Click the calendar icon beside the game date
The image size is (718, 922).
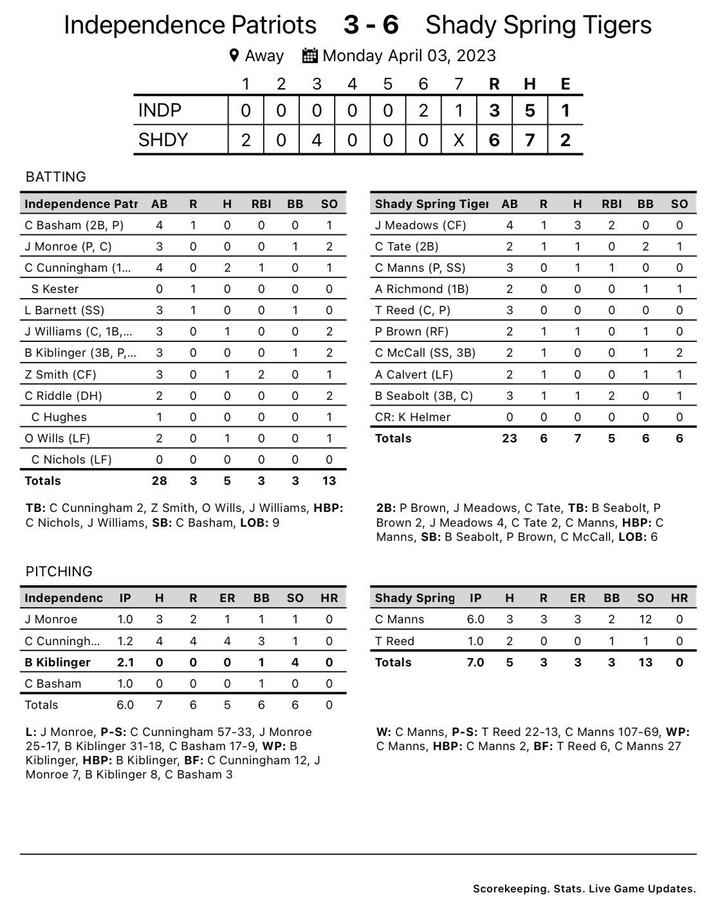(x=310, y=55)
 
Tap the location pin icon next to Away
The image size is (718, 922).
(x=234, y=55)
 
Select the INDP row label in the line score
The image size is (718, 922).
(x=160, y=111)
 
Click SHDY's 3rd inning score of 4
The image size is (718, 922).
(x=317, y=140)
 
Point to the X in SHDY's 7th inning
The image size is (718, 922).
(x=458, y=140)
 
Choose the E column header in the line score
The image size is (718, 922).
(x=565, y=84)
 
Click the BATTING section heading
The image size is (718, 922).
(x=55, y=176)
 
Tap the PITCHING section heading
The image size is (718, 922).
(x=59, y=571)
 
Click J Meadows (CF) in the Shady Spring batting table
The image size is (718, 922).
(x=420, y=225)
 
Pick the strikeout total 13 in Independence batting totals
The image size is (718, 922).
(x=328, y=481)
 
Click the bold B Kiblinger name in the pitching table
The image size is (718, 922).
(x=57, y=663)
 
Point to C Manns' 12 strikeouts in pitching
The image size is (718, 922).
(x=645, y=619)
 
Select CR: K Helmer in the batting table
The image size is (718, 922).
(x=412, y=417)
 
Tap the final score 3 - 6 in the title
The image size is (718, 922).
(x=371, y=25)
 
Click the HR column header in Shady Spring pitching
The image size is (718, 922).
(x=679, y=597)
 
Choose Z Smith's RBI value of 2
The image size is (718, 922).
(x=261, y=375)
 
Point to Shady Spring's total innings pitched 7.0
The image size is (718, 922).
(x=475, y=663)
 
